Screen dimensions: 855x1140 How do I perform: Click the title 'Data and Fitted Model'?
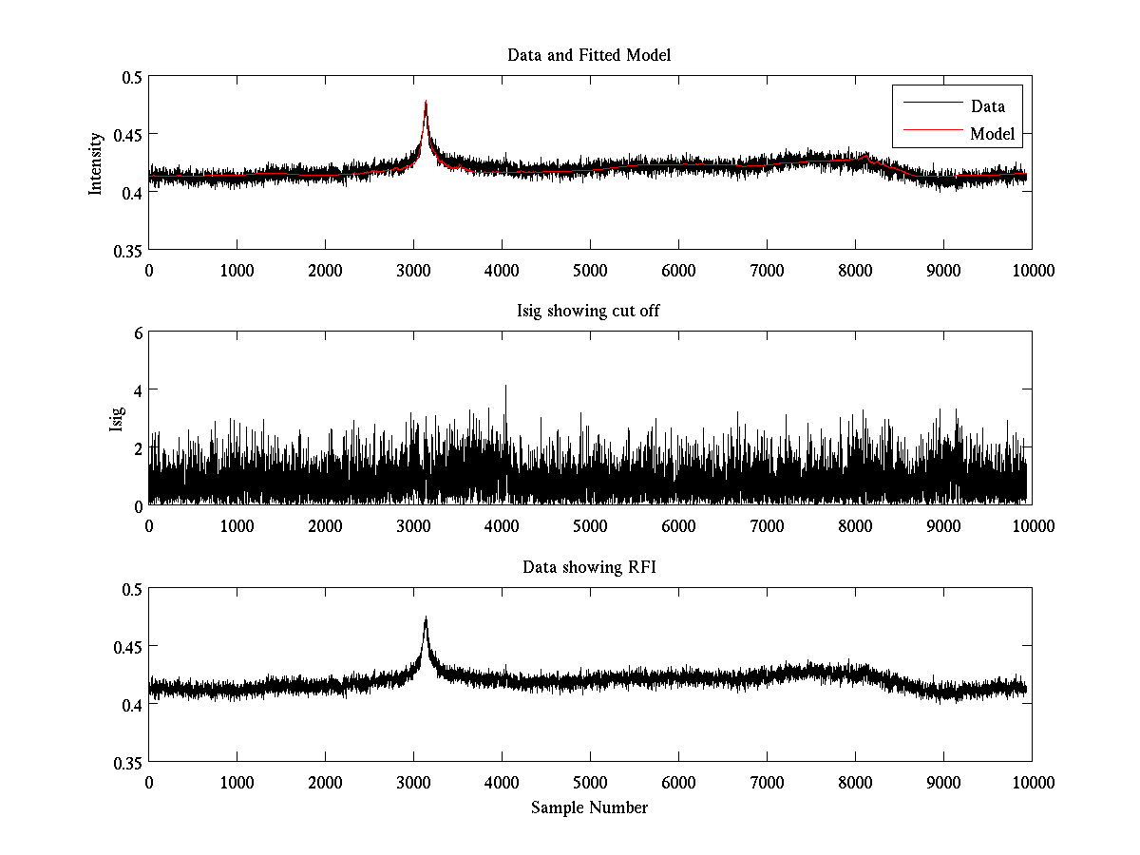(x=589, y=55)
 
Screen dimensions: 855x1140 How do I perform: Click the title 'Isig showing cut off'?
(x=589, y=312)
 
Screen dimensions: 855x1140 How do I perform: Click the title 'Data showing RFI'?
(x=589, y=568)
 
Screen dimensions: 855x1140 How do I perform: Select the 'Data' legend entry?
(x=987, y=106)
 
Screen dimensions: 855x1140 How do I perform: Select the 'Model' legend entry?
(x=992, y=134)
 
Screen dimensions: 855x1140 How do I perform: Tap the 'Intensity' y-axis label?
(x=95, y=162)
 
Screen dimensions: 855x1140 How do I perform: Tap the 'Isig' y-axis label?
(x=117, y=419)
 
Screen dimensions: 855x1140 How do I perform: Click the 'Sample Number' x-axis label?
(x=589, y=807)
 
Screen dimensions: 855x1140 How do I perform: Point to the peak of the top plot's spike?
(x=426, y=102)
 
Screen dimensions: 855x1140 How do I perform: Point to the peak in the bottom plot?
(x=426, y=618)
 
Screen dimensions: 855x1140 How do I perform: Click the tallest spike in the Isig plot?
(x=505, y=386)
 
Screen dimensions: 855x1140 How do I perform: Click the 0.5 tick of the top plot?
(x=131, y=77)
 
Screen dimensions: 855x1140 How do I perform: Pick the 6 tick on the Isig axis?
(x=138, y=332)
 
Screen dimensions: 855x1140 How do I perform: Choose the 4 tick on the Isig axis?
(x=138, y=389)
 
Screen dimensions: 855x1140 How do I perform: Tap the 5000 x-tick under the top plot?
(x=590, y=271)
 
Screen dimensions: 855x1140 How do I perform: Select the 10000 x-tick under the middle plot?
(x=1032, y=526)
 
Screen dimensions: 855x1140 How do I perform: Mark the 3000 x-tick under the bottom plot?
(x=413, y=783)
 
